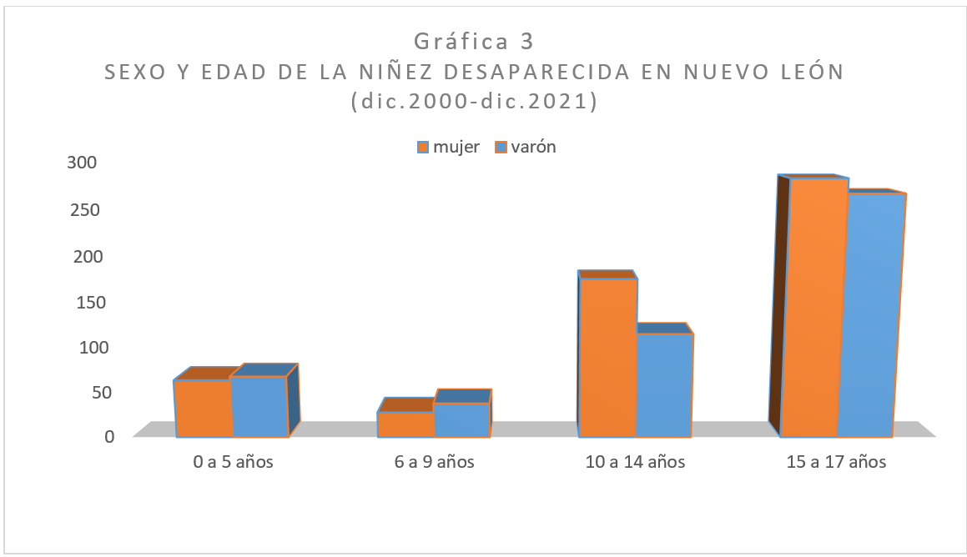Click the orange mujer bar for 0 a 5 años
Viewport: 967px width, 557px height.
click(203, 409)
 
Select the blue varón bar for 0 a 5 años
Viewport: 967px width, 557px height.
click(259, 407)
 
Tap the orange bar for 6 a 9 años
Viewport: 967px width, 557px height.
click(405, 424)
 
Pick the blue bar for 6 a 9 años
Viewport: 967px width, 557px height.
click(461, 419)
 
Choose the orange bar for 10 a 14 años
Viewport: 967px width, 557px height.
click(607, 357)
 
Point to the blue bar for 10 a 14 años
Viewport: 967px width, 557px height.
click(664, 384)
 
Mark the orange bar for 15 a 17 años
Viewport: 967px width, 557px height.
click(808, 307)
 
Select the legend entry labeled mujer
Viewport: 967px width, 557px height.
click(449, 147)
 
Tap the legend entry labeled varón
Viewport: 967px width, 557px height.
click(526, 147)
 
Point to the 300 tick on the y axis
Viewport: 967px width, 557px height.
click(83, 163)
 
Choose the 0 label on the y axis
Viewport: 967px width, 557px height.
click(109, 435)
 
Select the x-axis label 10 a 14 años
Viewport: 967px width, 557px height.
click(635, 462)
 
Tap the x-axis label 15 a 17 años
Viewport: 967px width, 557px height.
click(836, 462)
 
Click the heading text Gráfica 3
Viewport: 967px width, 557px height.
click(473, 41)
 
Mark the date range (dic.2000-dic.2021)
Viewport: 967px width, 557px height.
click(474, 101)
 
